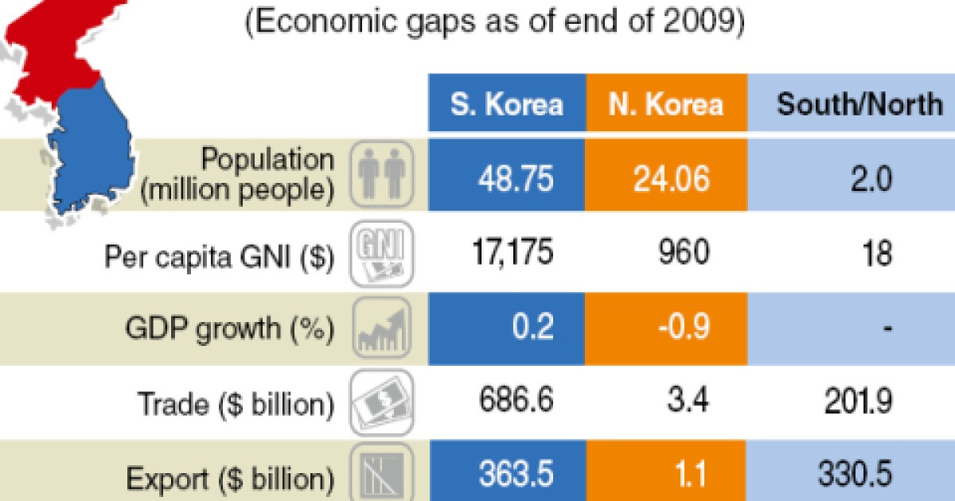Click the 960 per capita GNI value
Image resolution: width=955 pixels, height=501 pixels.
682,254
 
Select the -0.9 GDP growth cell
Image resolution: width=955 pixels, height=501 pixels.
682,328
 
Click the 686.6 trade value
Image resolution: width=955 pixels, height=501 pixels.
515,402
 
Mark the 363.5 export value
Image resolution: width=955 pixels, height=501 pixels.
515,476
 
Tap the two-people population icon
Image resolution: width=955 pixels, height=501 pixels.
381,177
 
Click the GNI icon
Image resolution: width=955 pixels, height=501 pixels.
381,253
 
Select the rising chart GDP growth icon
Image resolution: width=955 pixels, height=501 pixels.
381,328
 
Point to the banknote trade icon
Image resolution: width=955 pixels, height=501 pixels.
381,402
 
